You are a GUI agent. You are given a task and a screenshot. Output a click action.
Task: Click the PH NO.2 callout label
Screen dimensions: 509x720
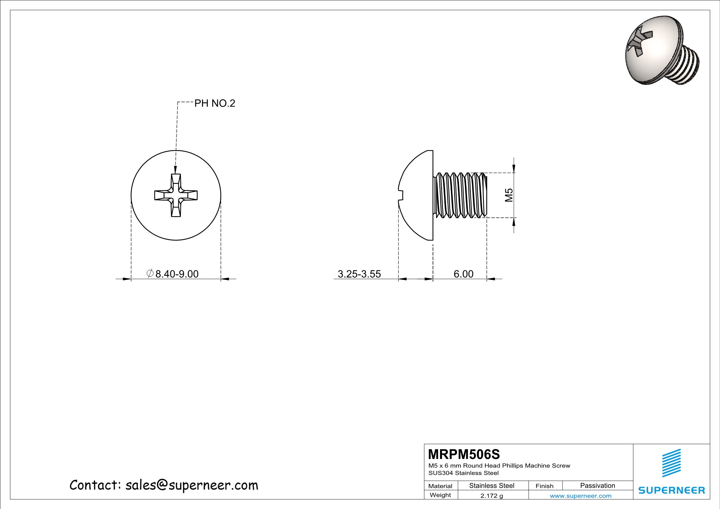[x=215, y=103]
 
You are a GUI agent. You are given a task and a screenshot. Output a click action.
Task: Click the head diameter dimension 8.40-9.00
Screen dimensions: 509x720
[x=177, y=274]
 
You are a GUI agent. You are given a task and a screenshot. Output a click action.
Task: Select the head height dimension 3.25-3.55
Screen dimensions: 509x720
[x=359, y=274]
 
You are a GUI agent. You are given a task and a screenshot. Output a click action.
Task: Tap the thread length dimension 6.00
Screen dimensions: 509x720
[x=463, y=274]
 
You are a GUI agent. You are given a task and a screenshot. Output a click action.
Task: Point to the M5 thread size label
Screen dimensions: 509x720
[x=509, y=195]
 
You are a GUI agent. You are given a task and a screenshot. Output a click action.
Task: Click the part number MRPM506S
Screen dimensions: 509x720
[x=464, y=454]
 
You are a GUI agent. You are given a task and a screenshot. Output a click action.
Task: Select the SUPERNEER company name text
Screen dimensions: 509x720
[x=671, y=490]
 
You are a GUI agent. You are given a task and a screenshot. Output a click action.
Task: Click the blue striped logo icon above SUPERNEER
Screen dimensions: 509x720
[x=671, y=463]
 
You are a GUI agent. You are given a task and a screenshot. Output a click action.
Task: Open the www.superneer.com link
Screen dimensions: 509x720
[x=580, y=496]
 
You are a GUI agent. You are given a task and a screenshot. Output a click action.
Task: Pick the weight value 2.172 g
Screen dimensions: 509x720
[x=492, y=496]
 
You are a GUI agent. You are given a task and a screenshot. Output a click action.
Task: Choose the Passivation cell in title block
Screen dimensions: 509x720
[x=597, y=486]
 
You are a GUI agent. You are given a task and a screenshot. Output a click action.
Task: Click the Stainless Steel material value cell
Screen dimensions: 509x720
[x=492, y=486]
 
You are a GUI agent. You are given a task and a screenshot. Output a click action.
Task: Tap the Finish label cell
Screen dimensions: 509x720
[x=544, y=486]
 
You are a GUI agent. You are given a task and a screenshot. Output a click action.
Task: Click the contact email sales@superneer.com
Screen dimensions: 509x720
[x=191, y=485]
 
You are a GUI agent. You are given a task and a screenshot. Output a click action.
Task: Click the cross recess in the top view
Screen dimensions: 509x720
[x=176, y=195]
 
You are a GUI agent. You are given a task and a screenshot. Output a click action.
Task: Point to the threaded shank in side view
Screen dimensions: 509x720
[x=460, y=195]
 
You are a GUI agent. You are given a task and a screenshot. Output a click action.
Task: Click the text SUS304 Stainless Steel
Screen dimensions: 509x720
[x=463, y=473]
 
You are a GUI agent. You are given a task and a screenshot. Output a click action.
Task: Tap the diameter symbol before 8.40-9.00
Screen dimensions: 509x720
[x=150, y=273]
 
